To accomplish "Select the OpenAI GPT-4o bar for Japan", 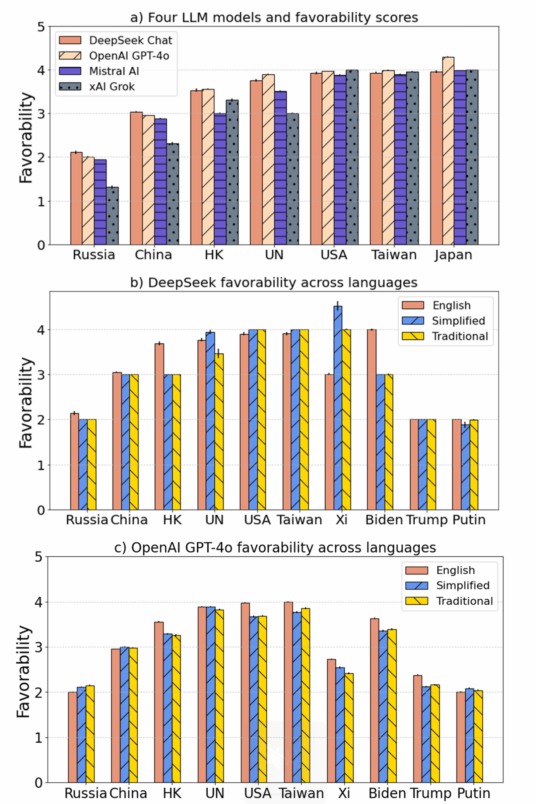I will coord(448,150).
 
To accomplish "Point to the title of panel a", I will coord(274,17).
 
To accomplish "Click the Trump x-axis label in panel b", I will coord(426,520).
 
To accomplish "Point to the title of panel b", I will coord(274,283).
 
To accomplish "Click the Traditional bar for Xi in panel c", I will coord(349,728).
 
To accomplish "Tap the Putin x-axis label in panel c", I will coord(473,793).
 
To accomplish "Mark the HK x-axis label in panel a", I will coord(214,255).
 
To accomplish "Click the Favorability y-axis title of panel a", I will coord(26,138).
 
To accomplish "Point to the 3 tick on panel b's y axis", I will coord(41,375).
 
